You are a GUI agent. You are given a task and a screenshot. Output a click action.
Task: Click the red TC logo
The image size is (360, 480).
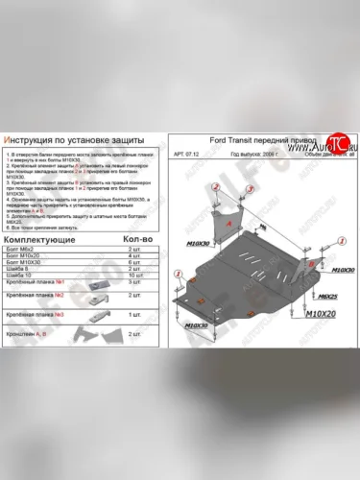click(335, 142)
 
